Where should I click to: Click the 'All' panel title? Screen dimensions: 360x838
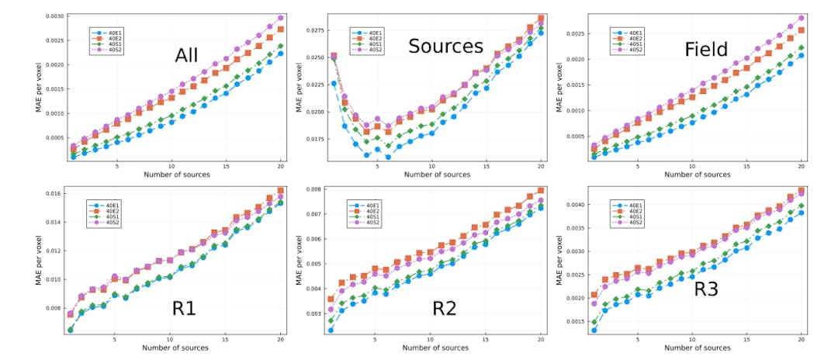point(186,56)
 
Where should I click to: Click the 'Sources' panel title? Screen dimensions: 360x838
point(445,47)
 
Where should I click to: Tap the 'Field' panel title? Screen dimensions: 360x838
point(705,50)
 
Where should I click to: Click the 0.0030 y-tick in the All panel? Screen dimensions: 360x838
point(54,16)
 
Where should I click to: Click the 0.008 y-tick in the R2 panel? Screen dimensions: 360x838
point(312,189)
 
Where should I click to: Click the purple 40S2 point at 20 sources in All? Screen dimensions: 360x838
point(280,18)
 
